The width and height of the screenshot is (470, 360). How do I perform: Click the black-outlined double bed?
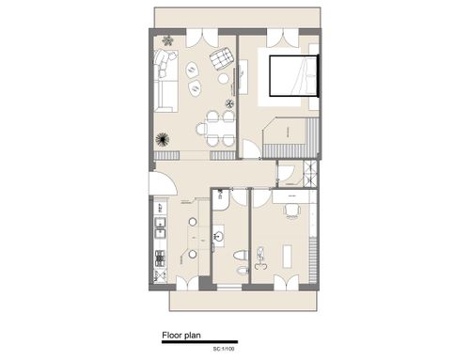[x=294, y=75]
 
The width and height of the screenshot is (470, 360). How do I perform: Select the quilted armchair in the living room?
[x=222, y=58]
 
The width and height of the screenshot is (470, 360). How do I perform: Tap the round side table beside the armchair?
[x=224, y=78]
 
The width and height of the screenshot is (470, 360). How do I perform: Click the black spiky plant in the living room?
[x=163, y=139]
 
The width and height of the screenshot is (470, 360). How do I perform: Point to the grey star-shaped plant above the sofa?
[x=167, y=40]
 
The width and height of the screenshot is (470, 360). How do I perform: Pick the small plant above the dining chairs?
[x=230, y=103]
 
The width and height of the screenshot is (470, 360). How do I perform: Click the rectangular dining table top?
[x=220, y=129]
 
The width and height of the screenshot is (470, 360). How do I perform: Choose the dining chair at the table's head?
[x=201, y=129]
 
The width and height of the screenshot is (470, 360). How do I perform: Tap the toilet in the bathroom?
[x=241, y=256]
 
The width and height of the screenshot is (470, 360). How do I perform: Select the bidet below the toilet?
[x=243, y=271]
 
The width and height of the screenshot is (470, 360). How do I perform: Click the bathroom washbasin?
[x=218, y=236]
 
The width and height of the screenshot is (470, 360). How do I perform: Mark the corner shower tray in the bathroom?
[x=221, y=200]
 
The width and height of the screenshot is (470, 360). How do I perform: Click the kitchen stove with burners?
[x=160, y=258]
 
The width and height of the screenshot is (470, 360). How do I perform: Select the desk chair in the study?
[x=292, y=211]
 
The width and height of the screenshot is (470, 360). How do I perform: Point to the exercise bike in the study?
[x=260, y=258]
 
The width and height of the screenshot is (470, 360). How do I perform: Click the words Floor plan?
[x=181, y=336]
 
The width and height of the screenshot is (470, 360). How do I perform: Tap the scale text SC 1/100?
[x=224, y=349]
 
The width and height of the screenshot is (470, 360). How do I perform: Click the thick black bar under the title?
[x=199, y=342]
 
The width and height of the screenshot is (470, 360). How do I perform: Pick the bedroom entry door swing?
[x=251, y=149]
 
